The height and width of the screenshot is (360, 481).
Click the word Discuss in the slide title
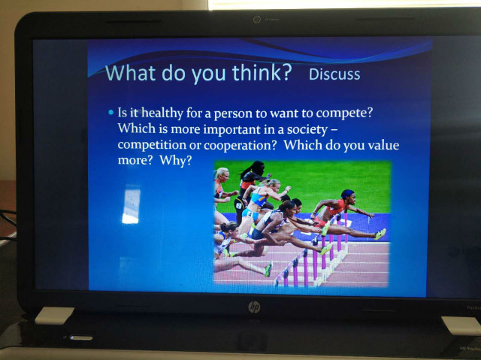coord(334,74)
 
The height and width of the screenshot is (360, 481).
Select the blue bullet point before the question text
coord(111,112)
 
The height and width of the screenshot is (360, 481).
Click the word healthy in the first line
coord(162,113)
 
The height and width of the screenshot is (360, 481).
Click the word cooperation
coord(240,146)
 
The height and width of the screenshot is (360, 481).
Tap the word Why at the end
coord(175,160)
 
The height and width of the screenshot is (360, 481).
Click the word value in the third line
coord(383,145)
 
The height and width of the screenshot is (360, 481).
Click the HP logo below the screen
coord(254,307)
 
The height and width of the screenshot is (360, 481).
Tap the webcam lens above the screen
coord(257,20)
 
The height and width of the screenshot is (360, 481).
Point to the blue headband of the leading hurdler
coord(347,194)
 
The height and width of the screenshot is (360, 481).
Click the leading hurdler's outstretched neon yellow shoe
coord(380,234)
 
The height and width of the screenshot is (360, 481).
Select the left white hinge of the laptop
coord(54,316)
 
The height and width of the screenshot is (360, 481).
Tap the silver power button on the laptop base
coord(81,338)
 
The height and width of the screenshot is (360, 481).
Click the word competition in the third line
coord(152,145)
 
